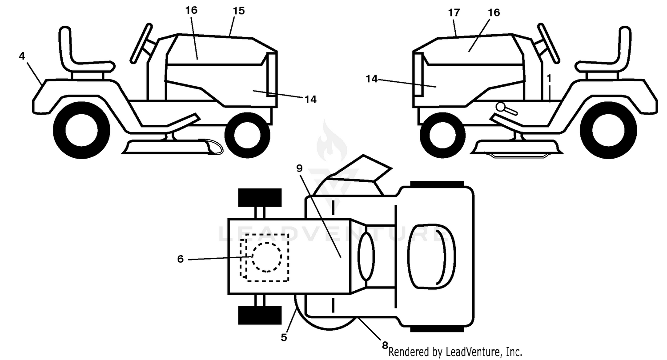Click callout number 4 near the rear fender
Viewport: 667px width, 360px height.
[22, 56]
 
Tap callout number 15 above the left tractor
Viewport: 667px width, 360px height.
[238, 11]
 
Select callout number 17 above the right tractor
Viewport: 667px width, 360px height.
[454, 13]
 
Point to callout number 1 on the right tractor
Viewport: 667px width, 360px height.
[549, 78]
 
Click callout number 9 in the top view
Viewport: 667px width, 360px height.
[299, 168]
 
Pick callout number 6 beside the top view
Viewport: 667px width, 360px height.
[180, 259]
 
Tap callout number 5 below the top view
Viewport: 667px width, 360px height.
[284, 337]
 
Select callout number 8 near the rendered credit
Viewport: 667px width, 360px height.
[385, 345]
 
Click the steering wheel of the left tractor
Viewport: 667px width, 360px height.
[141, 44]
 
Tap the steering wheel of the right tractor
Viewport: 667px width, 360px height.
[548, 44]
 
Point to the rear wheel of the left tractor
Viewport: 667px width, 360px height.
[81, 130]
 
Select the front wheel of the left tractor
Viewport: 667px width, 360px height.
[247, 136]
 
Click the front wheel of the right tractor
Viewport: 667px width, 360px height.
[442, 136]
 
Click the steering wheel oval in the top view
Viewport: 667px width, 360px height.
[367, 256]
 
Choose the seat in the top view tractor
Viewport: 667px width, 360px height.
[432, 256]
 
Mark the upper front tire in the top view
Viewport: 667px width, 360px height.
[260, 197]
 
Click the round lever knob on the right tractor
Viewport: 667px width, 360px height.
[501, 107]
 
